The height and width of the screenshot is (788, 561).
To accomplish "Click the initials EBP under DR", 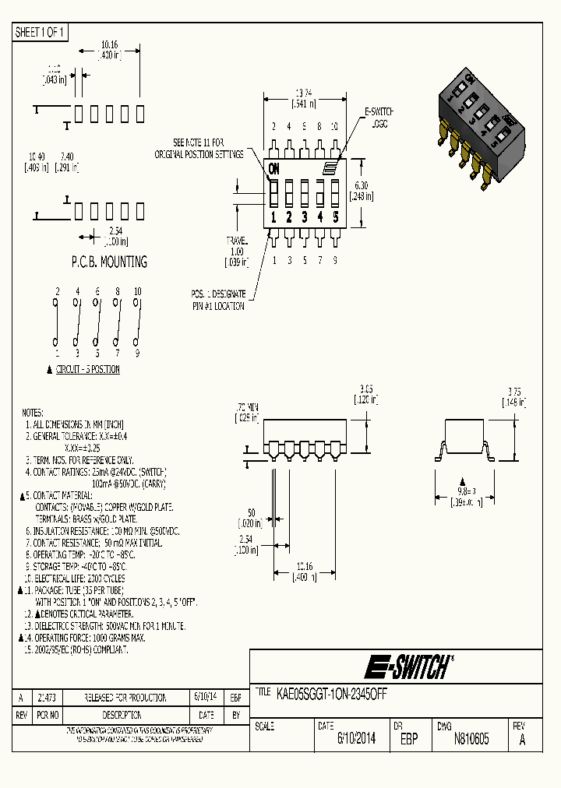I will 409,739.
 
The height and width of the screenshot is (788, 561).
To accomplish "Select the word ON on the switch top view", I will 273,168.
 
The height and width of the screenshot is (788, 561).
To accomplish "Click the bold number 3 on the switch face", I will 305,217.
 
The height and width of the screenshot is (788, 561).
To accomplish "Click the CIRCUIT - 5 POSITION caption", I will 87,369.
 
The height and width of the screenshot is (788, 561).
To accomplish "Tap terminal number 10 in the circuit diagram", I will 138,291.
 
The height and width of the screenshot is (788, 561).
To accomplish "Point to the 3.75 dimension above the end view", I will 514,392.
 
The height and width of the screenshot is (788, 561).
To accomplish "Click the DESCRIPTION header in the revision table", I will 122,715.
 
